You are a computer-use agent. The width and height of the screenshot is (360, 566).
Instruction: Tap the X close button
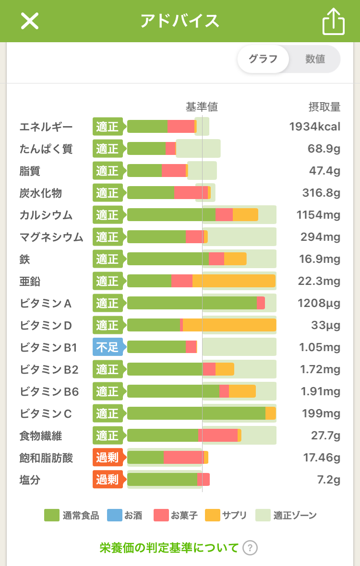point(30,21)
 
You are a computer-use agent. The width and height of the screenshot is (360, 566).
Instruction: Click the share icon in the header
point(334,22)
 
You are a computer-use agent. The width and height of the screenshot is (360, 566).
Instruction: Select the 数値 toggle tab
point(315,59)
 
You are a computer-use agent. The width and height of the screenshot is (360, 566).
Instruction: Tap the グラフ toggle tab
point(263,59)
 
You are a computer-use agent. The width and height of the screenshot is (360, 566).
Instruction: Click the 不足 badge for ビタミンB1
point(108,347)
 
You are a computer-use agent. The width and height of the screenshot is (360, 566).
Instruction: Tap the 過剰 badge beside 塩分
point(108,479)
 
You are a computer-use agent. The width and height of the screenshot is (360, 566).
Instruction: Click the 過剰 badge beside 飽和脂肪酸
point(108,457)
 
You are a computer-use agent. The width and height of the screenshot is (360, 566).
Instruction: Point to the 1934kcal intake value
point(314,127)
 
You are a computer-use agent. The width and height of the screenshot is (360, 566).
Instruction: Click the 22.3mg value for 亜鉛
point(319,281)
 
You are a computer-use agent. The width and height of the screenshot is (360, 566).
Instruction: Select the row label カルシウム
point(46,215)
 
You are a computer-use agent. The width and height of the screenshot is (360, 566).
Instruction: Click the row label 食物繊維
point(41,436)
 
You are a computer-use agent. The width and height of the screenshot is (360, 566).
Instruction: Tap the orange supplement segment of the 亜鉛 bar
point(234,281)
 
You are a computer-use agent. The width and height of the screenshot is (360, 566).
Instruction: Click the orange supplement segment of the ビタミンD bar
point(229,325)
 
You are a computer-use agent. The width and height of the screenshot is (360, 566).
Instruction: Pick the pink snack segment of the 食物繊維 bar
point(218,436)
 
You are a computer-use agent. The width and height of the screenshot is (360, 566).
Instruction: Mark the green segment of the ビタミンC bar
point(196,413)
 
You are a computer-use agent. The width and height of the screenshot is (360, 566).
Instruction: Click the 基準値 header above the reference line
point(202,106)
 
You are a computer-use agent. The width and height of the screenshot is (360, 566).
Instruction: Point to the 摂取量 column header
point(324,106)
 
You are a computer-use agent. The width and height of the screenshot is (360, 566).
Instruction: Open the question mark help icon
point(250,548)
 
